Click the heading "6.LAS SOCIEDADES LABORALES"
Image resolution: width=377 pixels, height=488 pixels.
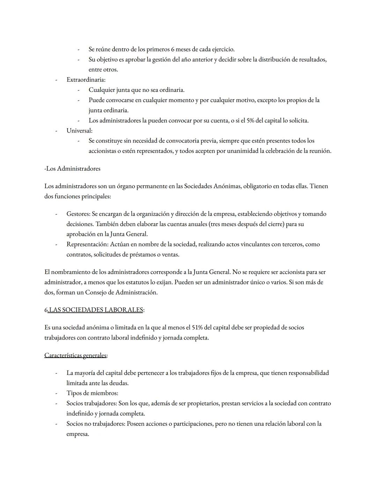click(x=94, y=310)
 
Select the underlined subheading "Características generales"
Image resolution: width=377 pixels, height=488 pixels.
click(x=76, y=355)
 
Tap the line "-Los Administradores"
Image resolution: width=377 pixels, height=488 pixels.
click(x=72, y=169)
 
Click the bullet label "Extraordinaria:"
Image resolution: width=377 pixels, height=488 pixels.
click(x=86, y=80)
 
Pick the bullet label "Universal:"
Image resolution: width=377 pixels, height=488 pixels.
click(x=80, y=131)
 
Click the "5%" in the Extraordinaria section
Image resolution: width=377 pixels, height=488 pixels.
click(x=250, y=121)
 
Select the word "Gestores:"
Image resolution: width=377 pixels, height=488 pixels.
click(x=79, y=214)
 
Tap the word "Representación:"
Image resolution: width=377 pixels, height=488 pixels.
click(x=88, y=244)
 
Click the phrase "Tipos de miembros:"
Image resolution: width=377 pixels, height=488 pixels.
click(x=92, y=393)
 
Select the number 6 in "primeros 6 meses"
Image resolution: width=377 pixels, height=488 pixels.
click(x=172, y=49)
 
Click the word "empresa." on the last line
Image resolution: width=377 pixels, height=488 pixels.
click(x=77, y=434)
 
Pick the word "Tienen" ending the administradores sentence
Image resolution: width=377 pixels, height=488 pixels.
click(x=319, y=186)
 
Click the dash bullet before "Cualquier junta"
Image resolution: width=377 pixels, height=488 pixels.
click(x=79, y=90)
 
